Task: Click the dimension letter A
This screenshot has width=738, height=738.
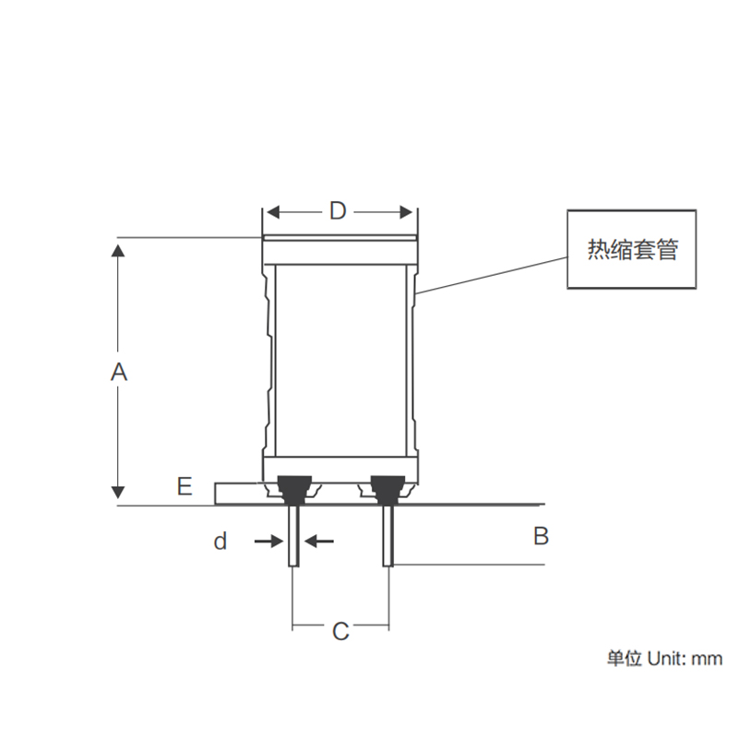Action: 118,372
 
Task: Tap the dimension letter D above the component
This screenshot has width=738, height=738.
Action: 338,211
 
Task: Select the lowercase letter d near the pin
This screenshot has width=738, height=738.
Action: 220,542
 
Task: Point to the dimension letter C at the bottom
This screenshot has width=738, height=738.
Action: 340,632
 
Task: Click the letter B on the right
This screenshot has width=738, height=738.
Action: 542,535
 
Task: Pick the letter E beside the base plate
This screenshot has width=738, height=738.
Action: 184,486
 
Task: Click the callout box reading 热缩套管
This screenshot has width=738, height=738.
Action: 631,250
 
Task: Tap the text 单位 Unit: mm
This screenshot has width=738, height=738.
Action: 663,659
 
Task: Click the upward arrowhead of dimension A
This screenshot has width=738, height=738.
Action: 117,250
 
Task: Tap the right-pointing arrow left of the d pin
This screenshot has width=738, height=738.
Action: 274,542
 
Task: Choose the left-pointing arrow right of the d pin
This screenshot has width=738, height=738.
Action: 315,542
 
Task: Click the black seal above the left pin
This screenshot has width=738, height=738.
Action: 294,484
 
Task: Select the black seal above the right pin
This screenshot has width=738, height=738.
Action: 387,484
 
